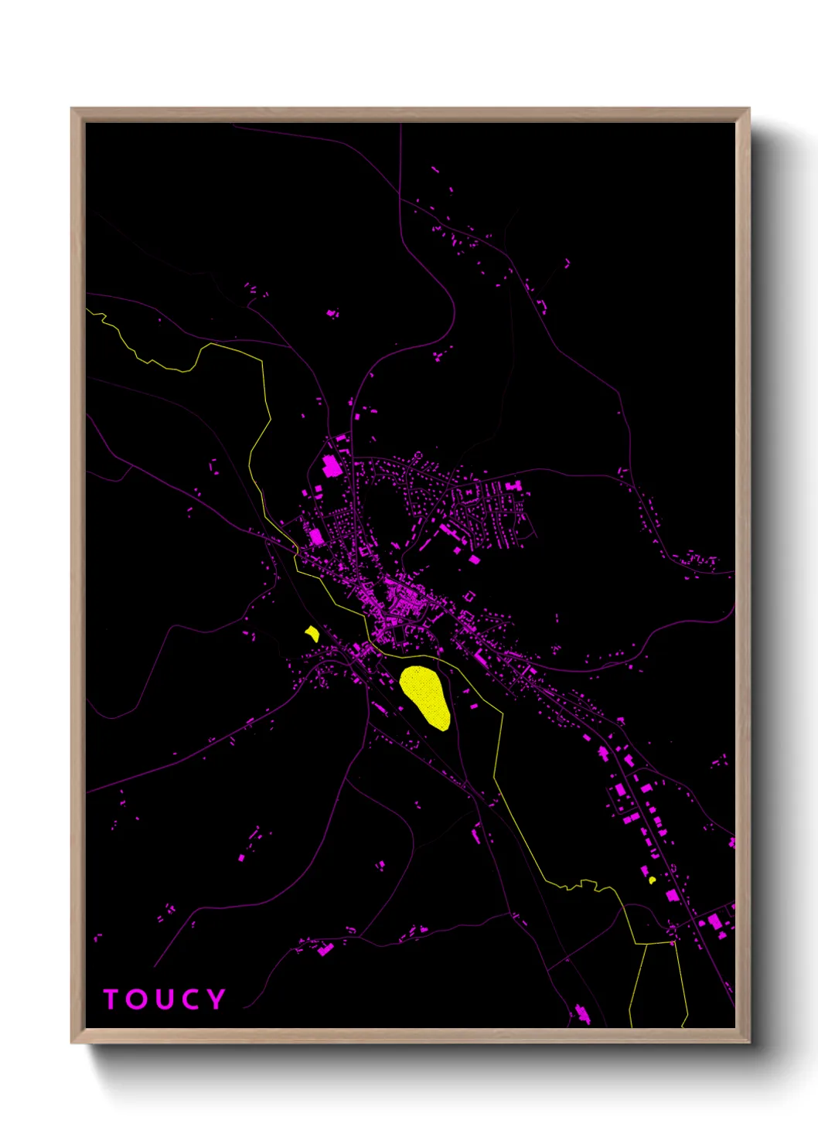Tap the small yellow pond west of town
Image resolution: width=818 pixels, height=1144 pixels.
click(312, 634)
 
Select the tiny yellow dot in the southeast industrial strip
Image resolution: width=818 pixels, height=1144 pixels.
click(652, 880)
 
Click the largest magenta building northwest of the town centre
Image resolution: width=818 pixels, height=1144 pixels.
click(331, 466)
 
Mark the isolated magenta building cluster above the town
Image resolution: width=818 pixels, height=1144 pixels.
click(332, 313)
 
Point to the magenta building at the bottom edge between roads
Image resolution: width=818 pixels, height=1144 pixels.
click(581, 1013)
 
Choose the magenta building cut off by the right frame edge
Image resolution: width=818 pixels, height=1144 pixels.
click(731, 842)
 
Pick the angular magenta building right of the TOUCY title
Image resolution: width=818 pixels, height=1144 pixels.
click(325, 948)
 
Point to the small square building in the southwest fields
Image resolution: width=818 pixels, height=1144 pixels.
click(241, 857)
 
